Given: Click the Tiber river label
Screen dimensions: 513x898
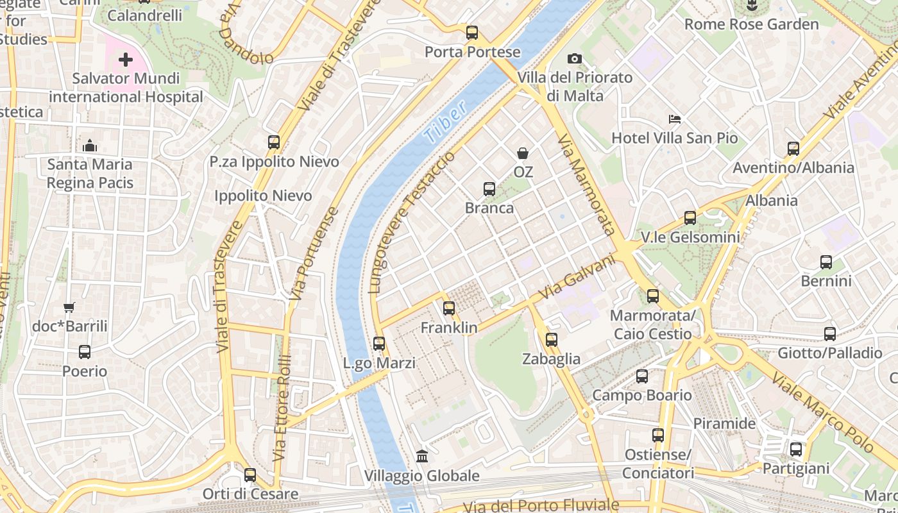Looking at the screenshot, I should [x=445, y=122].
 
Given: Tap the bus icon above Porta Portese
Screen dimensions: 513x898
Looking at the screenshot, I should [x=472, y=32].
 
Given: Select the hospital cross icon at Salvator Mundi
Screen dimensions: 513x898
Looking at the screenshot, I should [x=125, y=60].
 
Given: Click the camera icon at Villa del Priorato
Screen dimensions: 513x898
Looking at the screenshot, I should [x=574, y=59].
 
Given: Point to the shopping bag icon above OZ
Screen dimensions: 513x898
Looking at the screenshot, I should [x=523, y=153].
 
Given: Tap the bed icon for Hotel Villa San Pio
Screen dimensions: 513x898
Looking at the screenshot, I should [x=674, y=119].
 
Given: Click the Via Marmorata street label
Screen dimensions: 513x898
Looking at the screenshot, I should [x=587, y=186].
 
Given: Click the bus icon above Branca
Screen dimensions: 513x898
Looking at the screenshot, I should [x=489, y=189].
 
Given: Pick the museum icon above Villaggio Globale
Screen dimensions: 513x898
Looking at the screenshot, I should [x=422, y=456].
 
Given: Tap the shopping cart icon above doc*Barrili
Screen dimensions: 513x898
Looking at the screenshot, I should [x=69, y=308].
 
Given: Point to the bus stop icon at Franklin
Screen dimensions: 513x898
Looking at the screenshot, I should [x=449, y=308].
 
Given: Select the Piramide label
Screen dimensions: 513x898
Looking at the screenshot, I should [x=724, y=424].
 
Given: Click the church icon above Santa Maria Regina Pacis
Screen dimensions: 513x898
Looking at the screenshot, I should [x=90, y=146].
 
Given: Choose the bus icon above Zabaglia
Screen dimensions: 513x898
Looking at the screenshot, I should [x=552, y=340].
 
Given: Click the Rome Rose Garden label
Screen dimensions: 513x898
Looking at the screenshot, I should [x=752, y=24].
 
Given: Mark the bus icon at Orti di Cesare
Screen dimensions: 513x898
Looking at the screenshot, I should [x=250, y=475].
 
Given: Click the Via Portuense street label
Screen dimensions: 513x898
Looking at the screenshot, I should [x=313, y=255].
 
